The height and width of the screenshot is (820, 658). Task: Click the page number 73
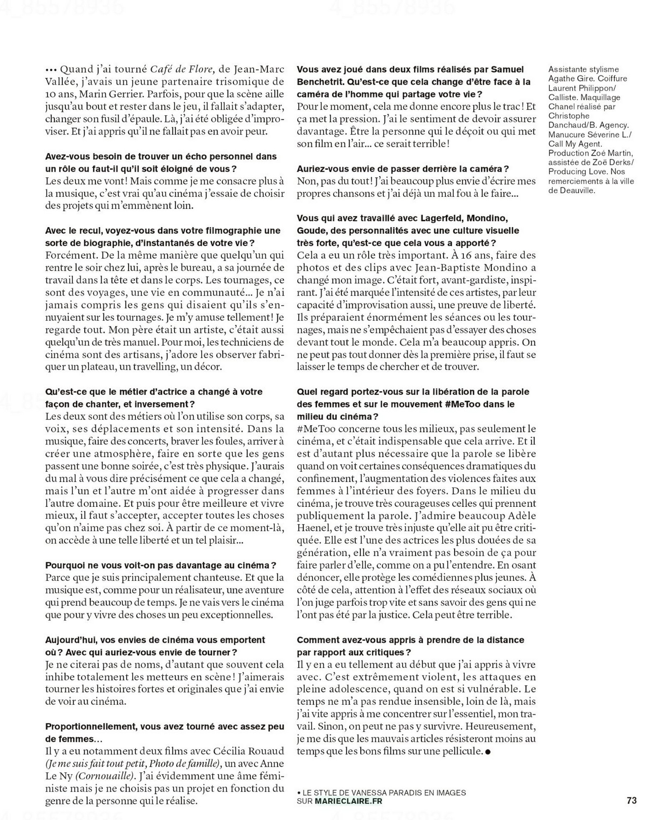[x=632, y=801]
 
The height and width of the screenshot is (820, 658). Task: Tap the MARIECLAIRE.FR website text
[x=348, y=801]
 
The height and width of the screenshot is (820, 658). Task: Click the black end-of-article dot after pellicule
[x=488, y=751]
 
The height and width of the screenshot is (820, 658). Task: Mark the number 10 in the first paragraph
[x=53, y=94]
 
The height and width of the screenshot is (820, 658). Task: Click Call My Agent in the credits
[x=575, y=144]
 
